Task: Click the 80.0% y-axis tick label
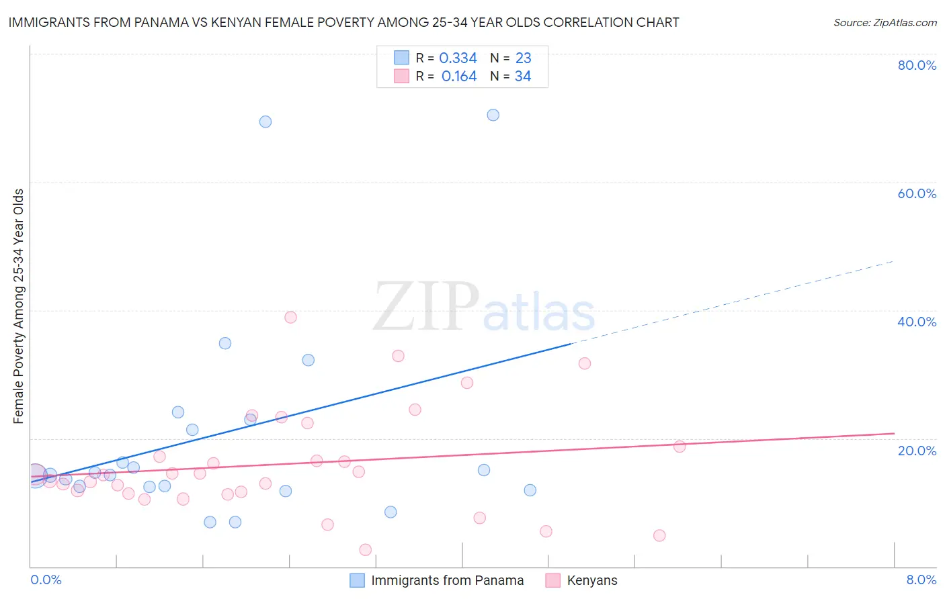pos(917,65)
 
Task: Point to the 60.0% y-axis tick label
pos(917,193)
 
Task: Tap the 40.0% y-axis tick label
pos(917,322)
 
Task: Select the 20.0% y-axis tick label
pos(917,450)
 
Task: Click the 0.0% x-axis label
pos(46,580)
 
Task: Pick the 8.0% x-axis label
pos(921,580)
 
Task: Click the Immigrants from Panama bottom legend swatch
pos(358,580)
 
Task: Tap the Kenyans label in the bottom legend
pos(591,580)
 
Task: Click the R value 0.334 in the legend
pos(458,58)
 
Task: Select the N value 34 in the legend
pos(523,77)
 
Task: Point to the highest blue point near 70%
pos(493,115)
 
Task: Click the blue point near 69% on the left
pos(265,122)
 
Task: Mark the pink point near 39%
pos(290,317)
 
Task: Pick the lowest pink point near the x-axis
pos(366,549)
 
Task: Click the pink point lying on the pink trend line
pos(680,447)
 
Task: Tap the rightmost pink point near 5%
pos(659,535)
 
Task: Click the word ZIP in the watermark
pos(425,307)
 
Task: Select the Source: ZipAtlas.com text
pos(885,23)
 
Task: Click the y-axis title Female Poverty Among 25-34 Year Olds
pos(19,306)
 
